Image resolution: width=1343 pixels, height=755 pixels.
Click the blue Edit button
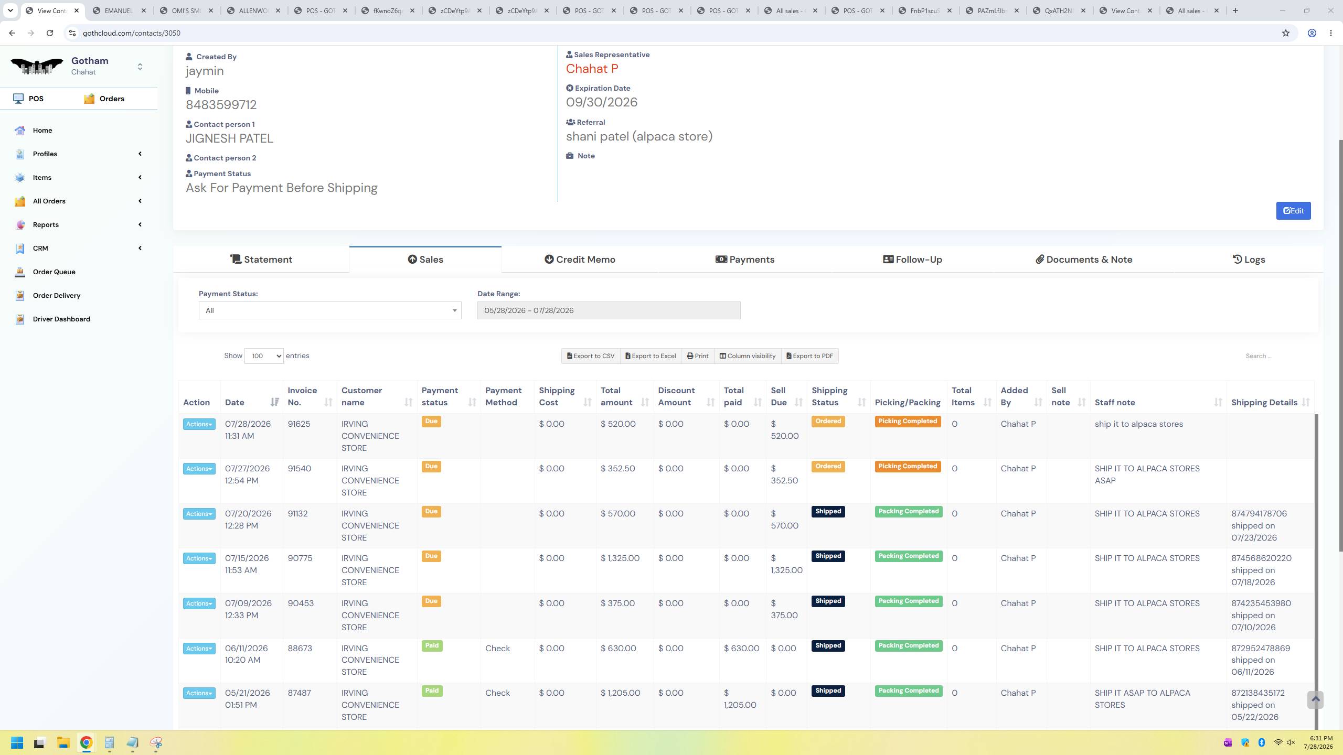tap(1293, 211)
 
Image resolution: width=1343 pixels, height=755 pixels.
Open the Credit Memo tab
tap(580, 260)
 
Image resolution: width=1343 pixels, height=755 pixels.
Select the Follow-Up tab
tap(912, 260)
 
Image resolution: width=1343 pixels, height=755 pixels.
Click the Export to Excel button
tap(651, 356)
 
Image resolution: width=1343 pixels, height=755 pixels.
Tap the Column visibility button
tap(747, 356)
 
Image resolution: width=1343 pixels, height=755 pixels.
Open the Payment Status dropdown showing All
tap(330, 310)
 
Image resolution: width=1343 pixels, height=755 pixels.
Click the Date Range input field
tap(609, 310)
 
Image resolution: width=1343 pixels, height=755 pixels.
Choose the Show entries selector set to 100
tap(264, 356)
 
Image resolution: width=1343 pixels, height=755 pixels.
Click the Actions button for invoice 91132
tap(199, 514)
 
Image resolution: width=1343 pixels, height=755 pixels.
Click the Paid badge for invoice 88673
tap(432, 646)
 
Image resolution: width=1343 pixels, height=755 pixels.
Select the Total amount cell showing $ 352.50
tap(618, 469)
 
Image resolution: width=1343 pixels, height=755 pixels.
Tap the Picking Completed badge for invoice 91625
tap(908, 422)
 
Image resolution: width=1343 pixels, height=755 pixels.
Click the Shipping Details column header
tap(1264, 403)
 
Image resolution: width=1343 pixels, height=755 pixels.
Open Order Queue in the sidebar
tap(54, 272)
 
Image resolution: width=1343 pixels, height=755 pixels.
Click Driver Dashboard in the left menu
tap(61, 319)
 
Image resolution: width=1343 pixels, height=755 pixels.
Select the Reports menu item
tap(46, 224)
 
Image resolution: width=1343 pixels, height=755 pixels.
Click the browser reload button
tap(50, 33)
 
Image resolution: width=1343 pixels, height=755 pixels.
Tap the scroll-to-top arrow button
tap(1315, 700)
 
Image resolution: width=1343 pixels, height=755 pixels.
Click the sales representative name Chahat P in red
tap(592, 69)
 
